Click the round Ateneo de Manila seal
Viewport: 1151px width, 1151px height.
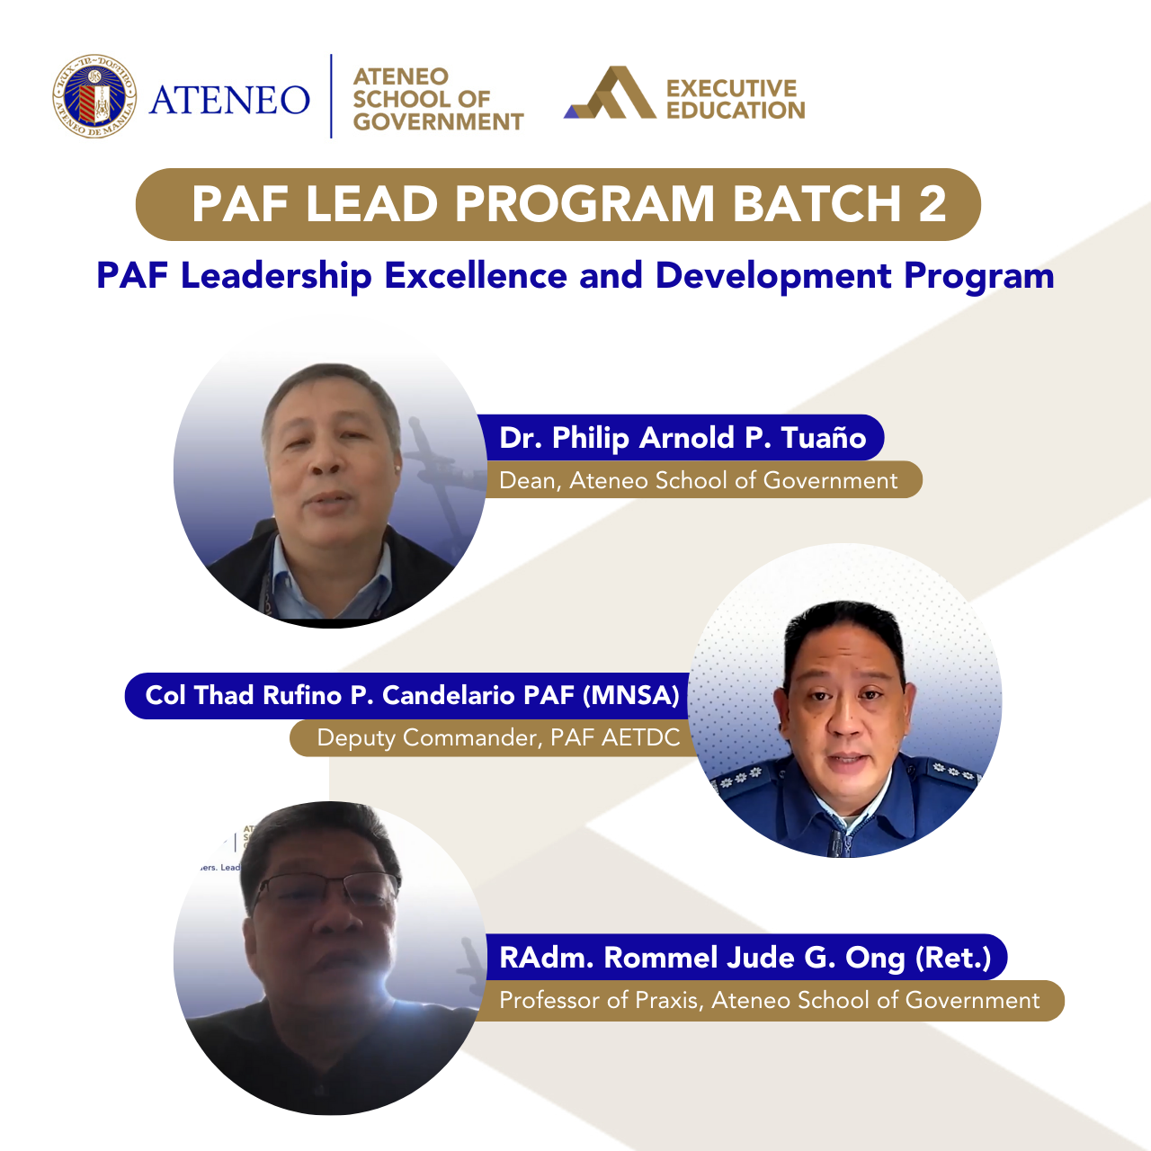[94, 96]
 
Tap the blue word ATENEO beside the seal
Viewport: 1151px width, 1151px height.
[229, 100]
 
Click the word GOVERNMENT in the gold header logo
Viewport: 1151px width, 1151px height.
[438, 121]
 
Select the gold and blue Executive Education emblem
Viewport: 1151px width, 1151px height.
[610, 93]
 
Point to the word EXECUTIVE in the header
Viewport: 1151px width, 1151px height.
[731, 88]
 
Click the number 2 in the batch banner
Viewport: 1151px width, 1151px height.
[932, 204]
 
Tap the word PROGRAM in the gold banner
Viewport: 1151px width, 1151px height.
[584, 204]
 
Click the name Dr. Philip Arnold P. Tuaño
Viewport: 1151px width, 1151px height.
[682, 438]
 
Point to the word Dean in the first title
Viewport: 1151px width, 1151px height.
[529, 480]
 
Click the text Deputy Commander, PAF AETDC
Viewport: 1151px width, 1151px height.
[498, 738]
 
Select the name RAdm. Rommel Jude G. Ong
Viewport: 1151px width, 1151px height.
[701, 958]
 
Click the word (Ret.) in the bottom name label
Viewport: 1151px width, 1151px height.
[952, 958]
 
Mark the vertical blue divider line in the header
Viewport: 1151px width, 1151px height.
[331, 96]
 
